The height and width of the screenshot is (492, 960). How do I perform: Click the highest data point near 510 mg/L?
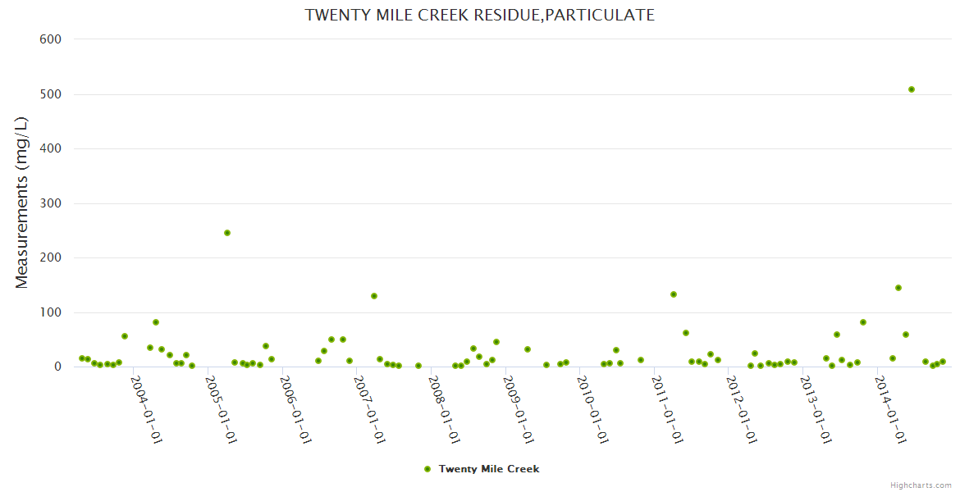[912, 89]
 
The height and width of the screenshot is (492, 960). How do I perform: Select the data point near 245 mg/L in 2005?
[227, 233]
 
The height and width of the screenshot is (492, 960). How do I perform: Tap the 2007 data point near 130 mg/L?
[374, 296]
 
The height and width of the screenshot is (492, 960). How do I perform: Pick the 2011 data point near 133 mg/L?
[674, 294]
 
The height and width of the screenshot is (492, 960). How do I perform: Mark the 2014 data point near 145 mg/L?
[898, 288]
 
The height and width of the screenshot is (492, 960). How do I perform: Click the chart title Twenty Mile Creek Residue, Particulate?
[480, 15]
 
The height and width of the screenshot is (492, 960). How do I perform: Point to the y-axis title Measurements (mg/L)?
[22, 203]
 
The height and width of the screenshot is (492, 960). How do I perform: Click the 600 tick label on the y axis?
[51, 39]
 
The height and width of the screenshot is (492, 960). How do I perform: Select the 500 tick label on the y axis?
[51, 94]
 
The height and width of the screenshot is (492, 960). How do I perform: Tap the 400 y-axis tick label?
[51, 148]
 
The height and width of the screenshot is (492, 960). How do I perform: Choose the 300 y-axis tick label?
[51, 203]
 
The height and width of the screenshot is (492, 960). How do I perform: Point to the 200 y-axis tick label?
[51, 257]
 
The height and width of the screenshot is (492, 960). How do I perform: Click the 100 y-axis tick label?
[51, 312]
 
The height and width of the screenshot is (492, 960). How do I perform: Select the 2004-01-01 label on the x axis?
[147, 409]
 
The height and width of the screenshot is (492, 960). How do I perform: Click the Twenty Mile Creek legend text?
[489, 469]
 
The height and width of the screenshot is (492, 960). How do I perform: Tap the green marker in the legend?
[427, 469]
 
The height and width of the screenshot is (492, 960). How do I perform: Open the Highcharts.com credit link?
[921, 485]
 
